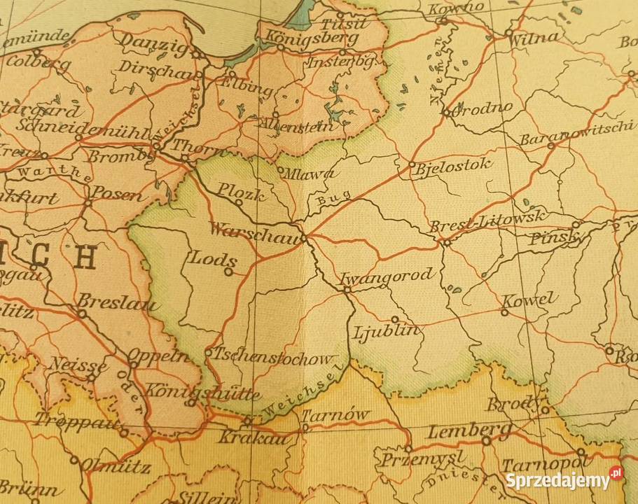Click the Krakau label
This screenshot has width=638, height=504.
click(244, 438)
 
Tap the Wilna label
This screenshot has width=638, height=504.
click(534, 37)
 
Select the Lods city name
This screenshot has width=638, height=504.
click(212, 258)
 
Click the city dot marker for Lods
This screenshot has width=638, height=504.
click(228, 272)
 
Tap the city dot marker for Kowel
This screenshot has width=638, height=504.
click(504, 312)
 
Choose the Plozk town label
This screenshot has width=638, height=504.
click(241, 190)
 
